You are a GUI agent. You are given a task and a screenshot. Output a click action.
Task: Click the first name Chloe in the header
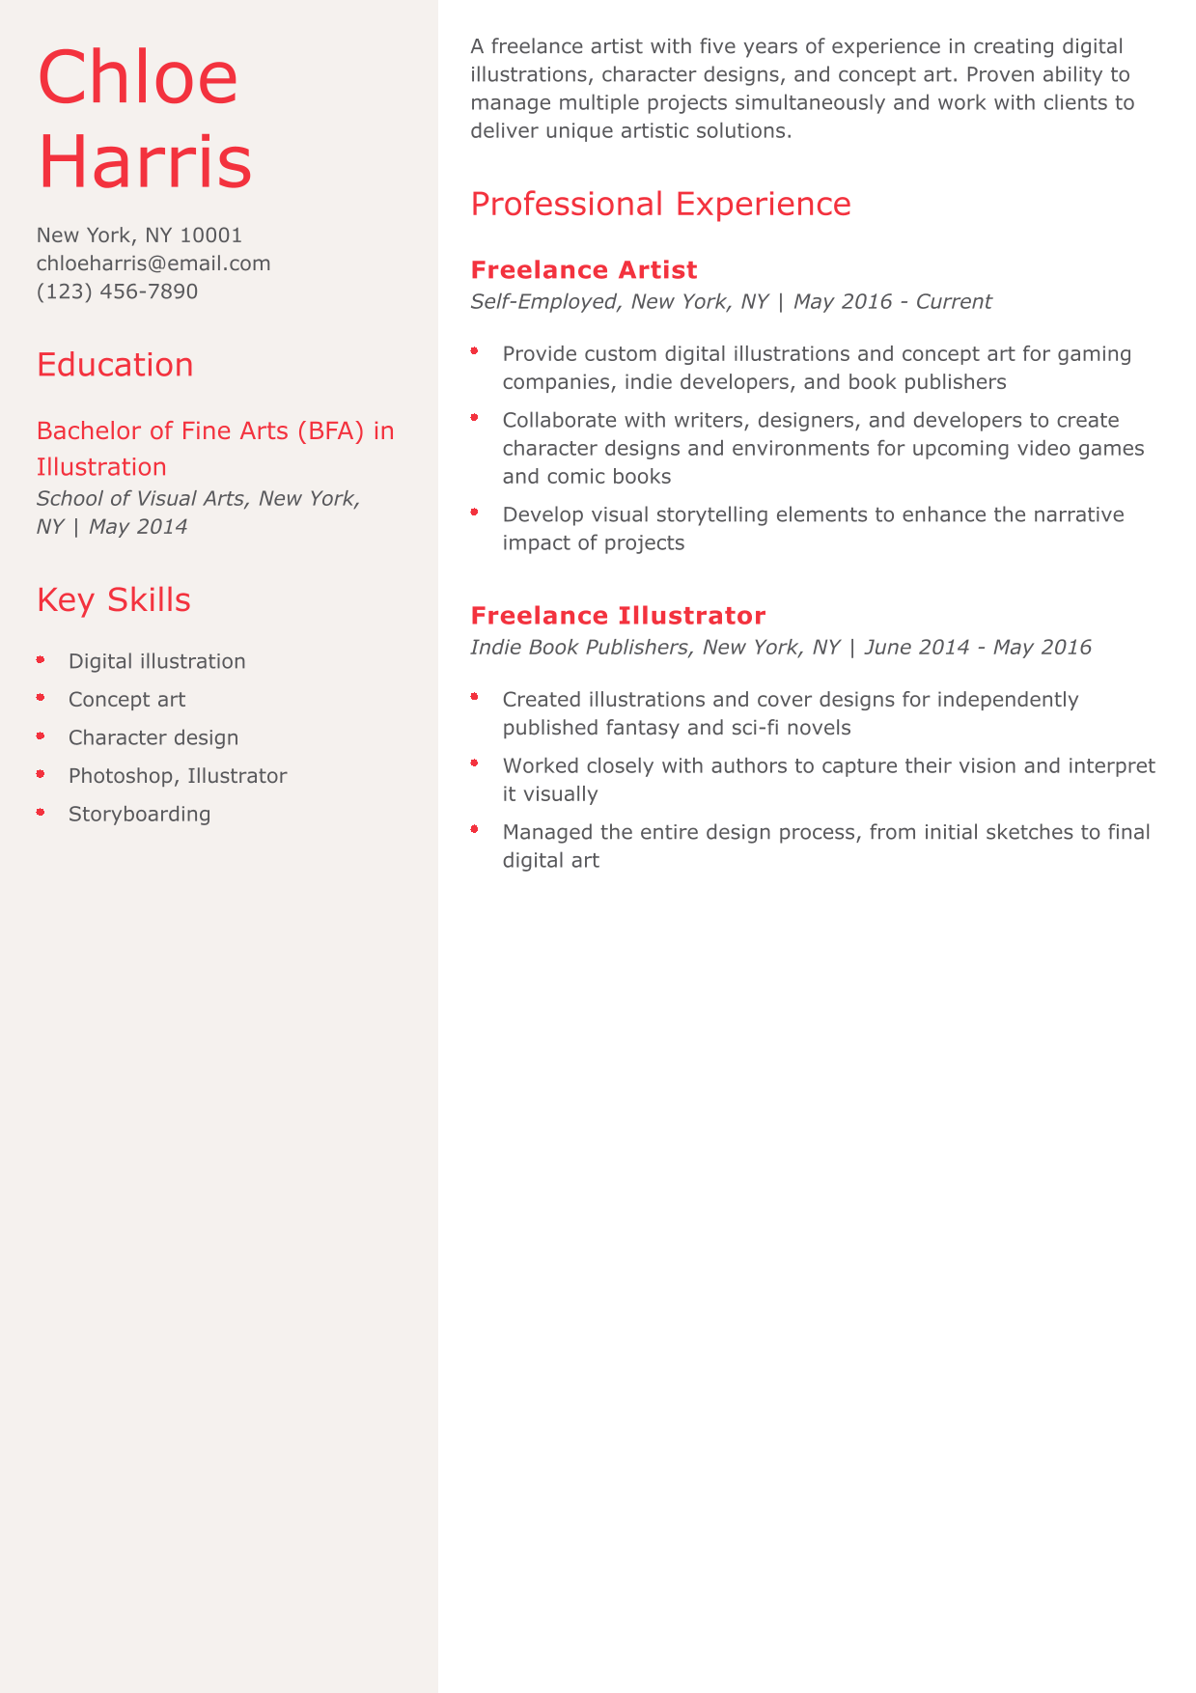coord(137,77)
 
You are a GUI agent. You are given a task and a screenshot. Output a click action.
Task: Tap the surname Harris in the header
coord(145,160)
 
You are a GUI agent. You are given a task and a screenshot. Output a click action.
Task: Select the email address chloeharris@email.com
coord(153,264)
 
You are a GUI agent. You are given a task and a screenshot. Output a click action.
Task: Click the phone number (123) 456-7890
coord(117,291)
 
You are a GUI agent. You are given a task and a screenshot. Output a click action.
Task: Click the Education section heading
coord(115,365)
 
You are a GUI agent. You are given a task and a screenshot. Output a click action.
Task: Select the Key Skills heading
coord(113,599)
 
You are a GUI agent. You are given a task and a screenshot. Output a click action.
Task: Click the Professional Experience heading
coord(660,205)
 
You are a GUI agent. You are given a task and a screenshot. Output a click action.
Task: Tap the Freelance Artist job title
coord(583,270)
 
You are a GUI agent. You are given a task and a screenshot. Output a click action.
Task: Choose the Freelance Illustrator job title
coord(618,616)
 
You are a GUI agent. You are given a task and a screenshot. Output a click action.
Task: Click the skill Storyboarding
coord(139,814)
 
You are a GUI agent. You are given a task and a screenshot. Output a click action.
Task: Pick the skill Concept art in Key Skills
coord(126,700)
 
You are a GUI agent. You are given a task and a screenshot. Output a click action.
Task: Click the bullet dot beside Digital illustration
coord(41,660)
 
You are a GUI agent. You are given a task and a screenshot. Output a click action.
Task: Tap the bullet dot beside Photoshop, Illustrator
coord(41,774)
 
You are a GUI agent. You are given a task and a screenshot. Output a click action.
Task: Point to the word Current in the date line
coord(953,301)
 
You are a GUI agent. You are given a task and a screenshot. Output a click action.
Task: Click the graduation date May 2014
coord(138,527)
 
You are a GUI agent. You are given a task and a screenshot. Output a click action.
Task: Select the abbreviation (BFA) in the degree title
coord(331,430)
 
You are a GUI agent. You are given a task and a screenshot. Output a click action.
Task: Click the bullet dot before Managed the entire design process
coord(475,829)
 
